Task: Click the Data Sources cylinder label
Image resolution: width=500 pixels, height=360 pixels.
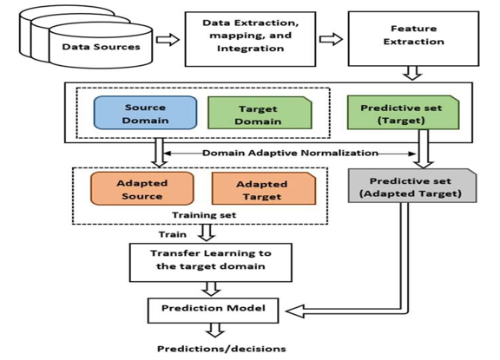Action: (101, 47)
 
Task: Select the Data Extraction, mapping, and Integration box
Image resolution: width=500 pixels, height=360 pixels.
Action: (250, 39)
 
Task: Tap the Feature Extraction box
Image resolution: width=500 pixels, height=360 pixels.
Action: (413, 39)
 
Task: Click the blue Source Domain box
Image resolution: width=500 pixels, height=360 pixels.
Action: (145, 113)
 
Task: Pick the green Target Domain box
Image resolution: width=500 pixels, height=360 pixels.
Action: (260, 113)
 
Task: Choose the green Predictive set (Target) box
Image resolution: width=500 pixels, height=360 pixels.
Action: (403, 113)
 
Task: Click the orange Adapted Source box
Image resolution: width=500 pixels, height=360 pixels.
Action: (142, 188)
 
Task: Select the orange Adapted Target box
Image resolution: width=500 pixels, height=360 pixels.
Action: (264, 188)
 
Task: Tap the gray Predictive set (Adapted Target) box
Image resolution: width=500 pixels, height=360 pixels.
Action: (412, 186)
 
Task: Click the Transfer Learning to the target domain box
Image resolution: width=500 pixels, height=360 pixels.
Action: (210, 263)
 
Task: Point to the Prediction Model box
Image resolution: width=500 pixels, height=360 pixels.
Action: (213, 311)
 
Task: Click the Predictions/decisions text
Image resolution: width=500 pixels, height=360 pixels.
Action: (221, 349)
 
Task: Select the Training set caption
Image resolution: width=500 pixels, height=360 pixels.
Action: (204, 215)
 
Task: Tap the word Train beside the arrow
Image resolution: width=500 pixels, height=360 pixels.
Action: (173, 234)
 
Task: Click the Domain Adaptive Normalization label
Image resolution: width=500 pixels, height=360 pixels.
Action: (290, 154)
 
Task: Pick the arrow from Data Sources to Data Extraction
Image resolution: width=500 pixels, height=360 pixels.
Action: (168, 40)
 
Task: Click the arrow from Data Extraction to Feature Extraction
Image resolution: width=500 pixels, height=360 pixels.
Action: (331, 39)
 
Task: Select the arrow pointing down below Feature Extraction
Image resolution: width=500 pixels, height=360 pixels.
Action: (412, 73)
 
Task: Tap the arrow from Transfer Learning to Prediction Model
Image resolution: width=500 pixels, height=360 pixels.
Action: (211, 289)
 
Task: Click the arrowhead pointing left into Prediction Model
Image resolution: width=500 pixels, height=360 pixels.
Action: (295, 311)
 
